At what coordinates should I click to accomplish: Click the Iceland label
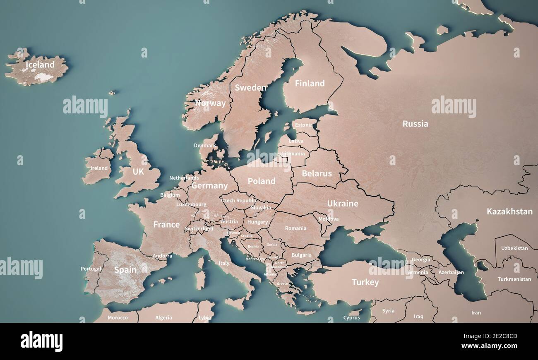[x=40, y=65]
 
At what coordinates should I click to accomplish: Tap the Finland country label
[x=310, y=84]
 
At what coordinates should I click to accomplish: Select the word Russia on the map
[x=415, y=124]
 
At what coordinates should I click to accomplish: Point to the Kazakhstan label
[x=509, y=211]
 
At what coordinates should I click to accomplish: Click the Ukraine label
[x=343, y=204]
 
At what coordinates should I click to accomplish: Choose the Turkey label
[x=365, y=283]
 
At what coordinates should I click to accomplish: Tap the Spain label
[x=125, y=270]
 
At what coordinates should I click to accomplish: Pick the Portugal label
[x=91, y=269]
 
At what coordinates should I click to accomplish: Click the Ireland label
[x=99, y=168]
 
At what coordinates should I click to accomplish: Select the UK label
[x=138, y=172]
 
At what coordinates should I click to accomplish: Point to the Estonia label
[x=304, y=125]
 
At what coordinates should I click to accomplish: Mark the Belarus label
[x=317, y=174]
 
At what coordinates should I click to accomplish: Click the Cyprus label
[x=351, y=318]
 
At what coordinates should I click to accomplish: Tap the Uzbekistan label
[x=514, y=248]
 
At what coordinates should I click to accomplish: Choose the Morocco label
[x=118, y=318]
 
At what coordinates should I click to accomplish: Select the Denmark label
[x=204, y=146]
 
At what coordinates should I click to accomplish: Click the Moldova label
[x=329, y=219]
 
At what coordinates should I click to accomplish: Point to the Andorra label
[x=162, y=256]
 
